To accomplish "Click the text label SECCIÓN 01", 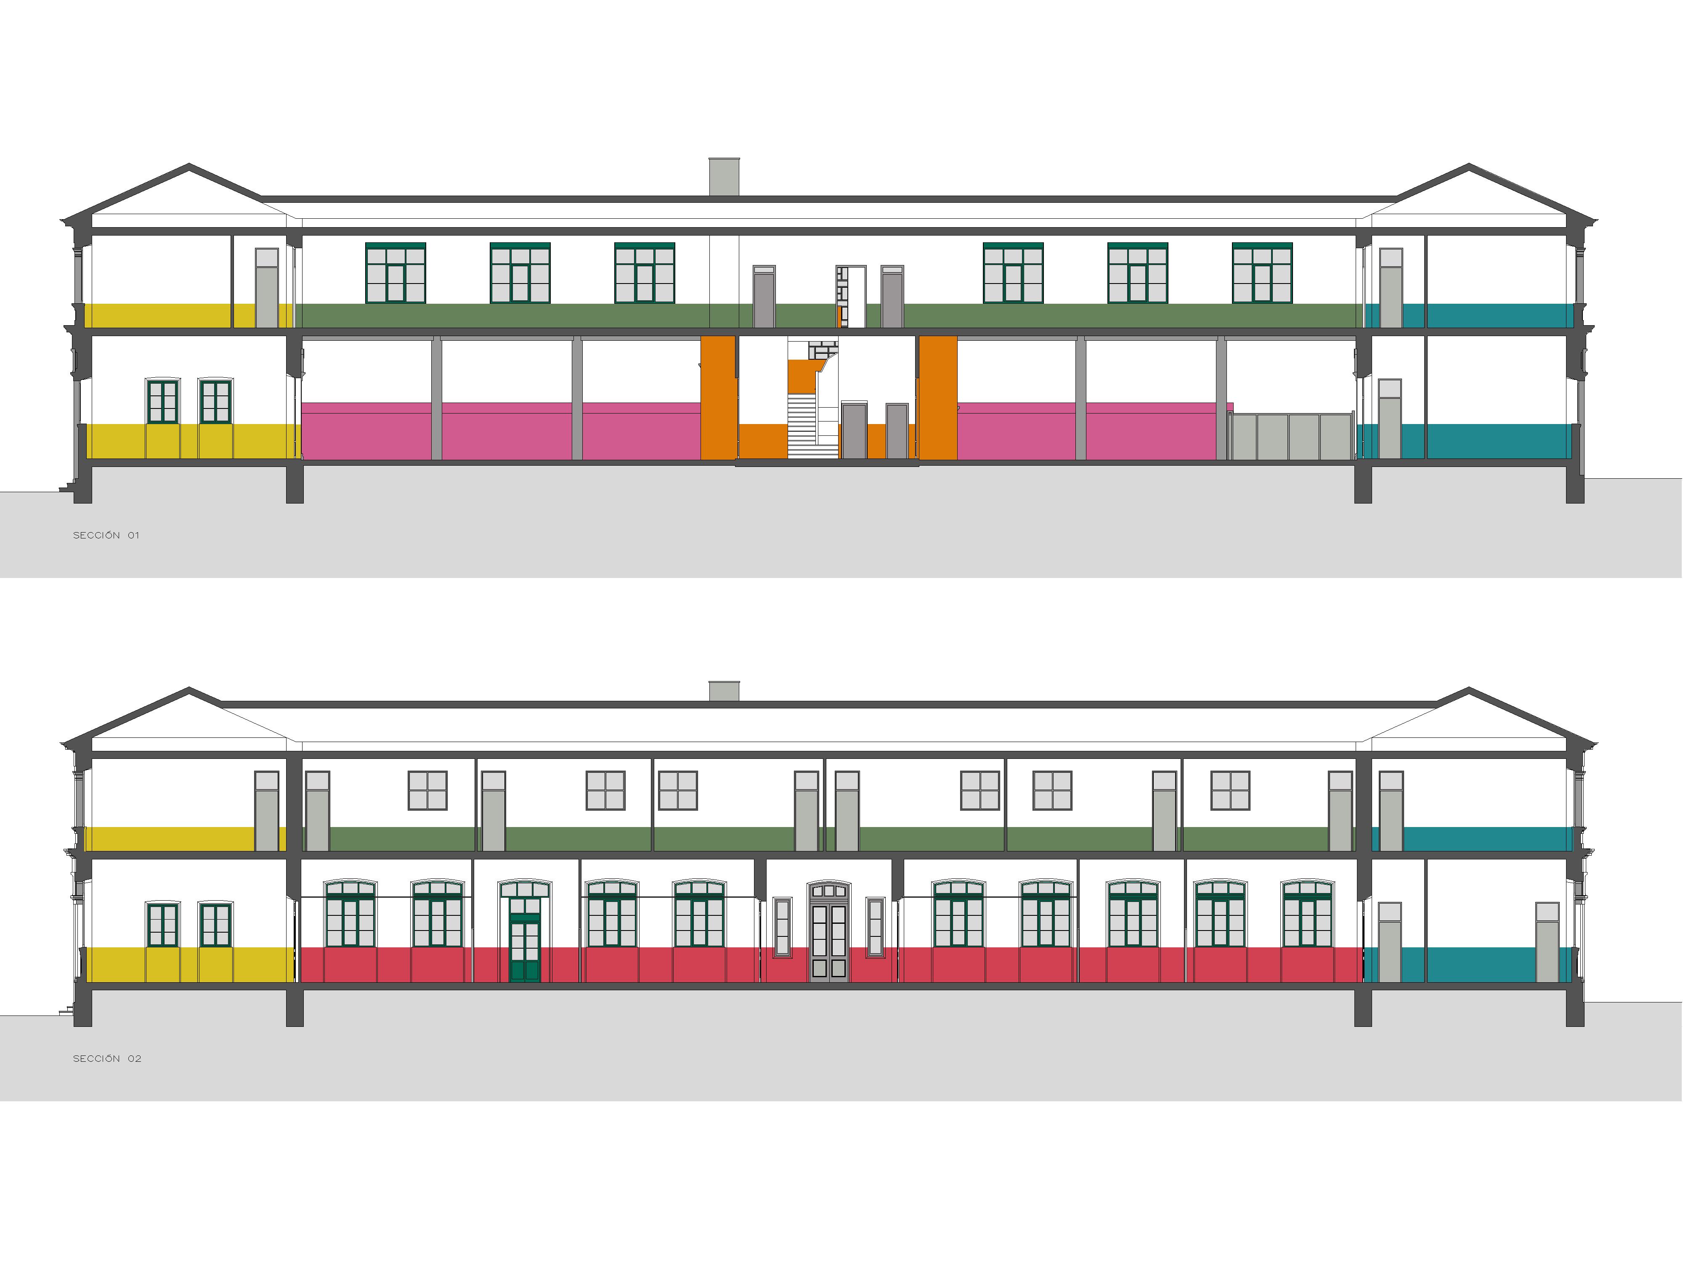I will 106,536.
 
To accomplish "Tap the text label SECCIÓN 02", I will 106,1059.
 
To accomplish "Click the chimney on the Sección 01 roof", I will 724,177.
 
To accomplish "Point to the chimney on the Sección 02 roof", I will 724,691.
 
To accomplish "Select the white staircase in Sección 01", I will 802,426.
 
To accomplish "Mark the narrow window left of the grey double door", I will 782,927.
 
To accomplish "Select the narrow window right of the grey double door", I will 875,927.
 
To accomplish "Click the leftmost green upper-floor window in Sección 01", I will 396,273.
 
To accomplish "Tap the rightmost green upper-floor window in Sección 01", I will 1261,273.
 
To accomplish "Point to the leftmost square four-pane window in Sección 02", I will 427,790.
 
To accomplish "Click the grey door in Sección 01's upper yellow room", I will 266,288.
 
